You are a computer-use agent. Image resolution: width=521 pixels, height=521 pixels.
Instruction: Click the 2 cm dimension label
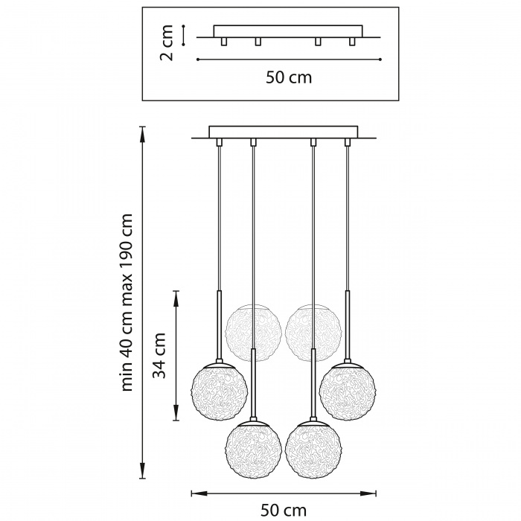point(167,43)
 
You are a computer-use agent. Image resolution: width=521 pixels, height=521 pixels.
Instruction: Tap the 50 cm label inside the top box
point(289,77)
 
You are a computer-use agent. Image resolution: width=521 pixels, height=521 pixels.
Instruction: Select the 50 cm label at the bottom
point(284,510)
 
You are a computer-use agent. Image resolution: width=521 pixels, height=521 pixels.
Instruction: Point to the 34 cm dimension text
point(159,356)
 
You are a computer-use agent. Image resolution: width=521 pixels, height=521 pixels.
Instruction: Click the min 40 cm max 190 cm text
point(127,302)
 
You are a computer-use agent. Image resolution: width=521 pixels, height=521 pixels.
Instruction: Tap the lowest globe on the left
point(254,450)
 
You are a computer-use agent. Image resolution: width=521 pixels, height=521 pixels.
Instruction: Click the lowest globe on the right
point(313,450)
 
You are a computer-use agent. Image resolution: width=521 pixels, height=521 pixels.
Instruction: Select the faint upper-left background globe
point(254,332)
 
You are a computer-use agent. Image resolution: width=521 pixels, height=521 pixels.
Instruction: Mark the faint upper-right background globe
point(313,332)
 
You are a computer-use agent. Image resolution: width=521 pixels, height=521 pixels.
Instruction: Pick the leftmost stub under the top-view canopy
point(224,42)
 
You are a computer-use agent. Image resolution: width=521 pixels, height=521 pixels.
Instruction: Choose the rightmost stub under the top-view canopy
point(352,42)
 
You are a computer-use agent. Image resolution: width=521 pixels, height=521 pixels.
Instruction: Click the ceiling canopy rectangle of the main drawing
point(284,132)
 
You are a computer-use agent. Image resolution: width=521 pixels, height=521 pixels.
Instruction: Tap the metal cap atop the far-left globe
point(219,364)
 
